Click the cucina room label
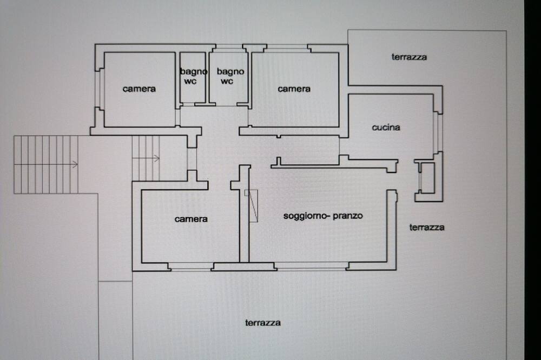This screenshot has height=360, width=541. [x=386, y=127]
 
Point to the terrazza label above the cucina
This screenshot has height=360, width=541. [x=409, y=57]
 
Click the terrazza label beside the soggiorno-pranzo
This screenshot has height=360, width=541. [x=427, y=227]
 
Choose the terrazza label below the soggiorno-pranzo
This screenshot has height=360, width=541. [x=263, y=323]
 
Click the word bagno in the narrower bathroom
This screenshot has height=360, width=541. [x=194, y=72]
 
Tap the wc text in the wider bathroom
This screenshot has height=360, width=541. [x=227, y=82]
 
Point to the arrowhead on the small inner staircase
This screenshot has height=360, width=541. [x=157, y=158]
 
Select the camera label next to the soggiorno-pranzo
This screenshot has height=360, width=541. [x=191, y=219]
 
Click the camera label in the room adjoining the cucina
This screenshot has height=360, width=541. [x=294, y=89]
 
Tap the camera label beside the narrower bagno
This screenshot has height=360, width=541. [x=139, y=89]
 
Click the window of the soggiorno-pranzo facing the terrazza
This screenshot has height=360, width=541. [x=312, y=265]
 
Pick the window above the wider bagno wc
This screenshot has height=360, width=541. [x=229, y=48]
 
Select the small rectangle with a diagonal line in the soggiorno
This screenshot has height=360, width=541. [x=251, y=205]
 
